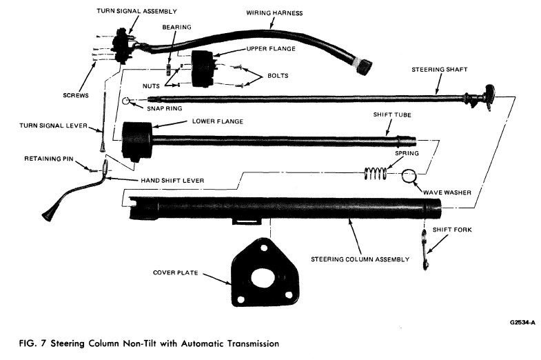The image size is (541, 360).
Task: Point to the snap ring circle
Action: (127, 101)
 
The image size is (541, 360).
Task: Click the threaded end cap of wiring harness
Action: (363, 66)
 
